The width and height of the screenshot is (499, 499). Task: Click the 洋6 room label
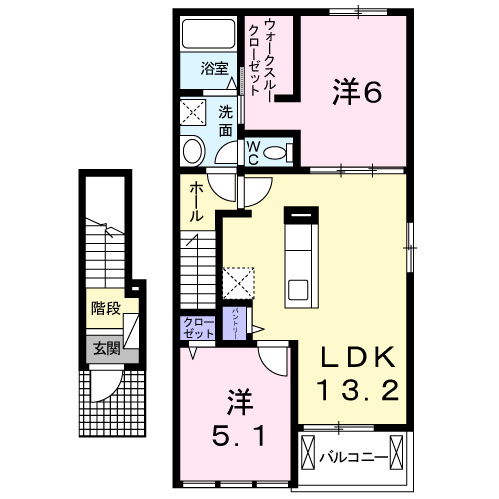click(x=357, y=92)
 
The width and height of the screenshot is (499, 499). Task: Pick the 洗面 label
click(x=226, y=120)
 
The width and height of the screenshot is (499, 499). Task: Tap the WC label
click(x=253, y=151)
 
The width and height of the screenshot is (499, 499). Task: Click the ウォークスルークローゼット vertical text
click(x=261, y=57)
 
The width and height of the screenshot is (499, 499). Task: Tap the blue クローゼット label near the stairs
click(x=196, y=327)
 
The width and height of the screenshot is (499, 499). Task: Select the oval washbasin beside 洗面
click(x=192, y=151)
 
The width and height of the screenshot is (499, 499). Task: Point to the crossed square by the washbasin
click(x=192, y=111)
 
